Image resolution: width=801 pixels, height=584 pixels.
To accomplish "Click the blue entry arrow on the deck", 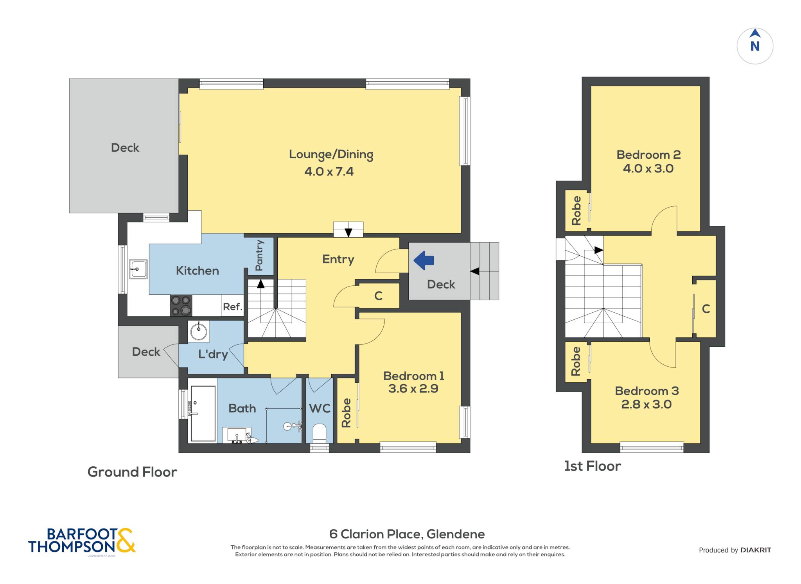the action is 424,260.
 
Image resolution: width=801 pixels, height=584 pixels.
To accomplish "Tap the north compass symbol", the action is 755,46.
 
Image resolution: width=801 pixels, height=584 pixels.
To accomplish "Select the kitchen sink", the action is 138,269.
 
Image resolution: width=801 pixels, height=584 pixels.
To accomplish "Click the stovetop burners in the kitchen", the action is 181,305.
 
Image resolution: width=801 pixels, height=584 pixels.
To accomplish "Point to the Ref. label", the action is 233,307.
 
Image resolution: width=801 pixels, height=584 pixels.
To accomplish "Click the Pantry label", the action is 259,255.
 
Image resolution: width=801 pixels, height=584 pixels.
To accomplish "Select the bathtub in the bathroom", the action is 203,414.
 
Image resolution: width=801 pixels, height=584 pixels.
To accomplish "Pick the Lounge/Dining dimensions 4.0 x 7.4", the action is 329,171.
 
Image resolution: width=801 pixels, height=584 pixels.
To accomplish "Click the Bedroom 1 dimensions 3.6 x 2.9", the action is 413,389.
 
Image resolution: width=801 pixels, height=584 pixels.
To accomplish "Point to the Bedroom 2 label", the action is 648,155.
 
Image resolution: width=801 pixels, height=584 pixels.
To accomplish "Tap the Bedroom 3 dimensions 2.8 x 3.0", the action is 647,404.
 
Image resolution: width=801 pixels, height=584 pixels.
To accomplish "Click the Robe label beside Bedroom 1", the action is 346,413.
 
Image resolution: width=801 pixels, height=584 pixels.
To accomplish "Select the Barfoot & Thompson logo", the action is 82,541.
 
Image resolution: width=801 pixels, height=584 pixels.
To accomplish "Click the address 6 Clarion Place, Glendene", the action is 407,534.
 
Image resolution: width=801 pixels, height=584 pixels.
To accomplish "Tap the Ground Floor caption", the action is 132,472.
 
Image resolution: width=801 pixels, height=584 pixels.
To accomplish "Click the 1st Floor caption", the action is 593,466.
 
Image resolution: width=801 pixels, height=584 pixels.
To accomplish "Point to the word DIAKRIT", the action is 756,550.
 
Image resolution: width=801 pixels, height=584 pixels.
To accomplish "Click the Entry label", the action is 338,260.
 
